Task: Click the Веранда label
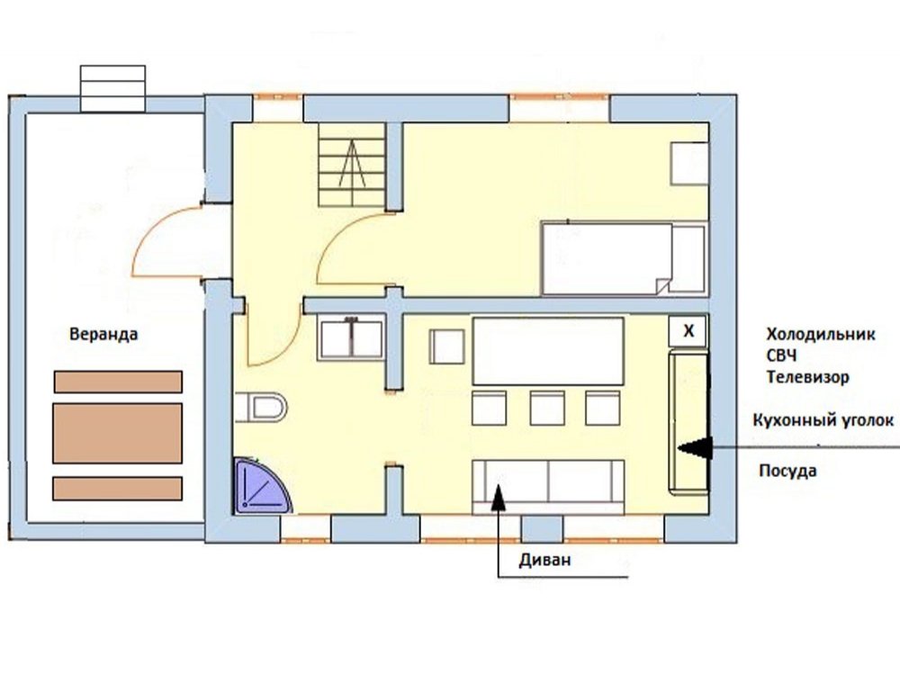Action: (103, 334)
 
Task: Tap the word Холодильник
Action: (821, 334)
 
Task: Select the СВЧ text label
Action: (781, 355)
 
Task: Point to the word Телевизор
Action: (807, 377)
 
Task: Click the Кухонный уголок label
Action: (823, 420)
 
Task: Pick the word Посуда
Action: (787, 471)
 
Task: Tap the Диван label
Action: (544, 560)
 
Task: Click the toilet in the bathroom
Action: (261, 408)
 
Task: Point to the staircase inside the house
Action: (352, 165)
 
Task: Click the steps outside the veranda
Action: (112, 88)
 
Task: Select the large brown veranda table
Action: (118, 434)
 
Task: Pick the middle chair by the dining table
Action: (547, 408)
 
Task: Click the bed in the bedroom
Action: (624, 259)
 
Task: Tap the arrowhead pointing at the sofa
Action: (498, 497)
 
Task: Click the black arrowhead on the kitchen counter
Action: (696, 447)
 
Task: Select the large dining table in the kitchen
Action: (548, 351)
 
